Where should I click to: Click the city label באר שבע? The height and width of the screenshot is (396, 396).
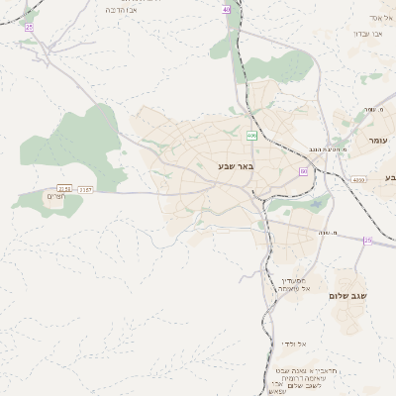tap(236, 167)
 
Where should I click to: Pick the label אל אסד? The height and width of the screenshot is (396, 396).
tap(381, 18)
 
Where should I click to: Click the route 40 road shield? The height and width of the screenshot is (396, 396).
tap(227, 8)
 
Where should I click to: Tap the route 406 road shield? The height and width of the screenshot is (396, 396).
tap(251, 135)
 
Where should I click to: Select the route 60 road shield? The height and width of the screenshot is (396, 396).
tap(303, 171)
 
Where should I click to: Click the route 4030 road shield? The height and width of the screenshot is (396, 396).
tap(357, 180)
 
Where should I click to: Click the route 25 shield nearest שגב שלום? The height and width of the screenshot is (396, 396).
tap(367, 241)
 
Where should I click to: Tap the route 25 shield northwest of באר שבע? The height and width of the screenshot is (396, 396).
tap(29, 27)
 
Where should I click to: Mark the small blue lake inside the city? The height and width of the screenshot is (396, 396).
tap(316, 204)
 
